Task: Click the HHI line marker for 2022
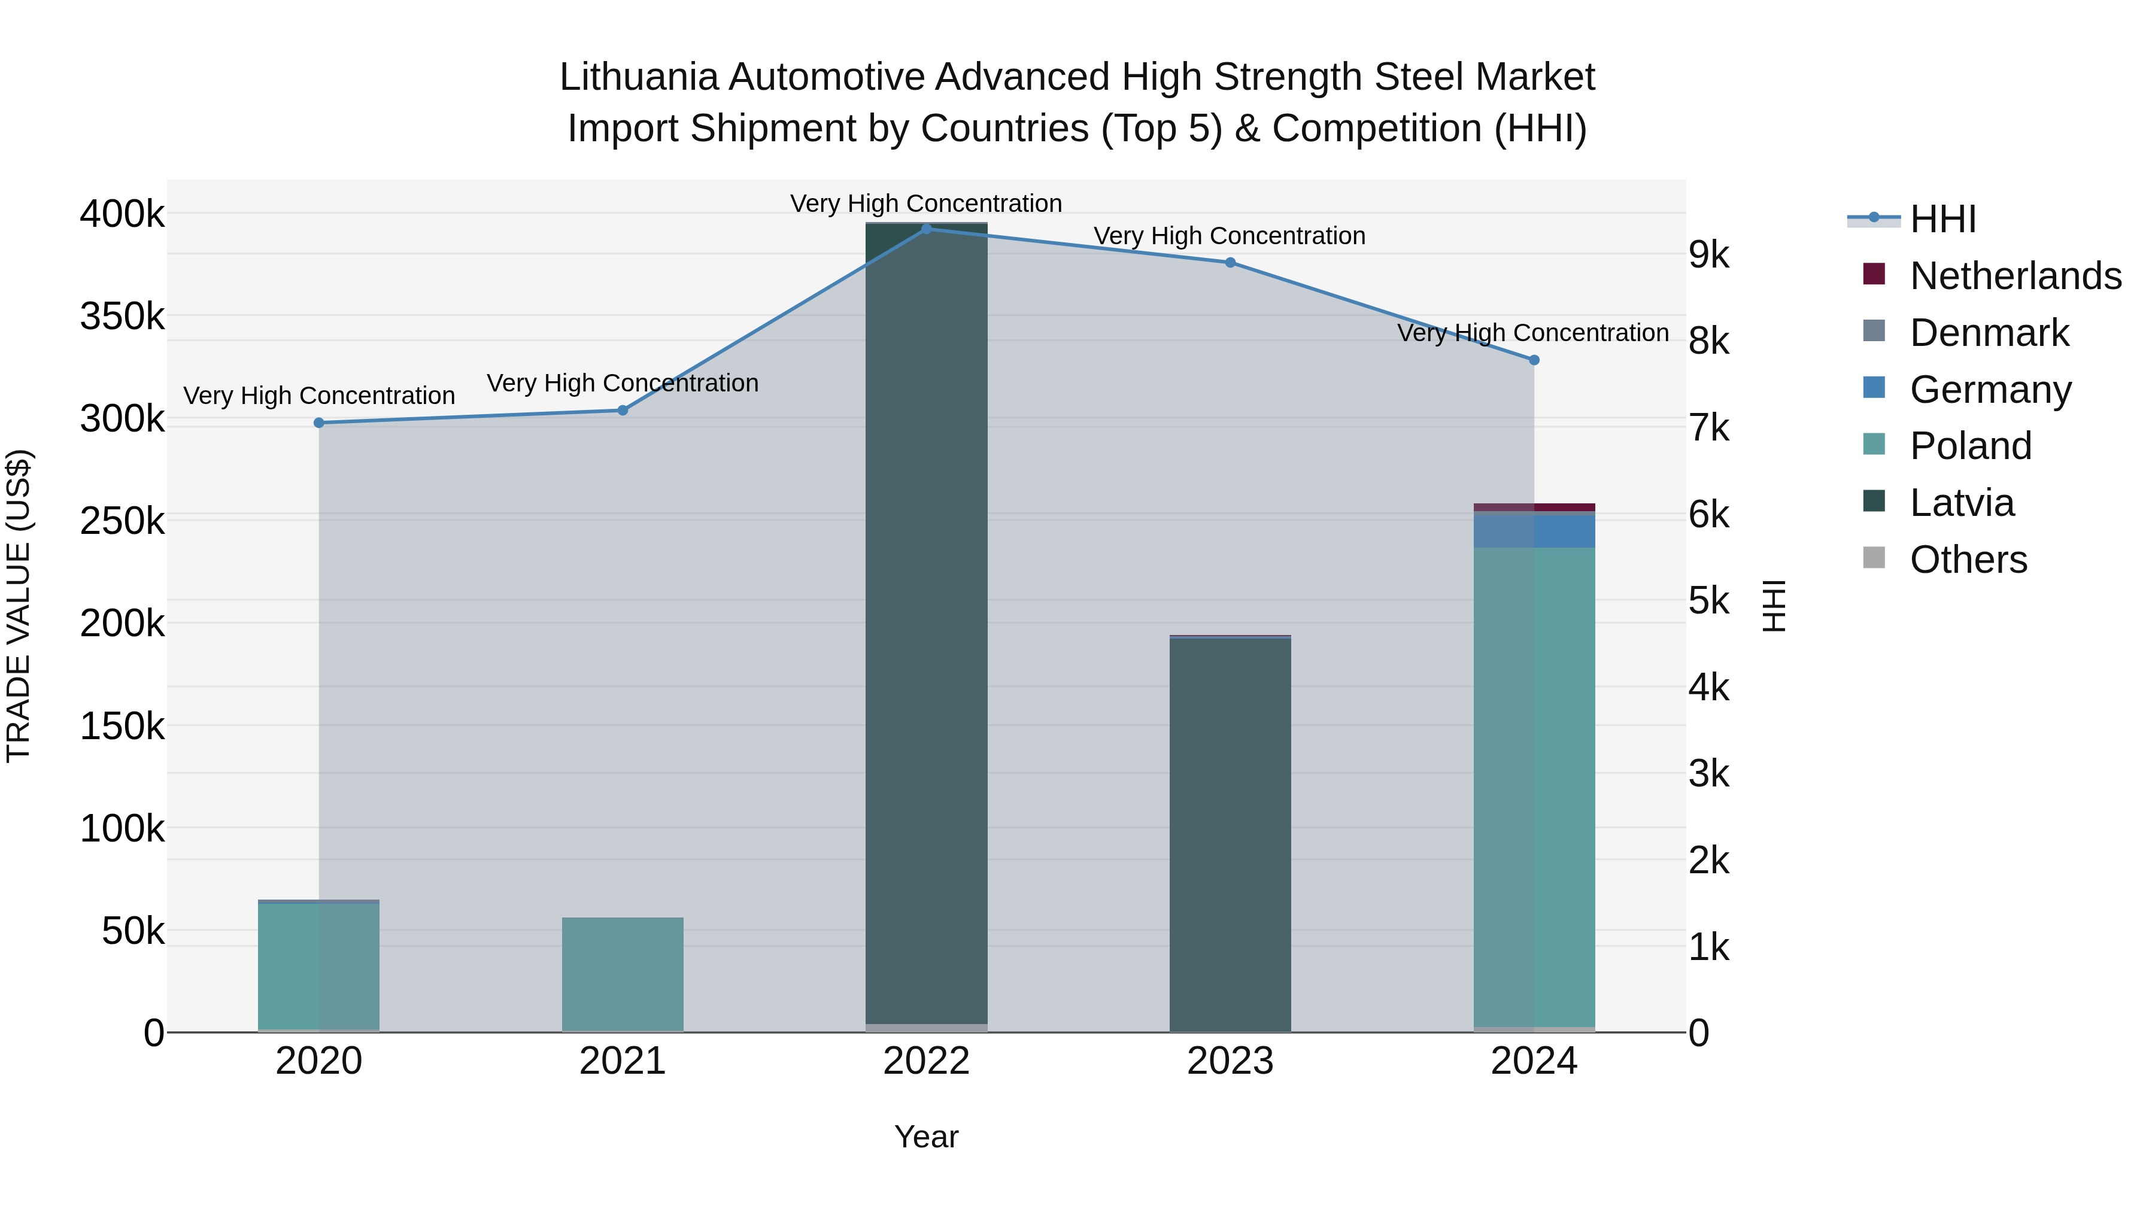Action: coord(926,229)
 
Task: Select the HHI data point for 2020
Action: coord(318,423)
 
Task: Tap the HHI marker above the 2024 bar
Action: coord(1534,360)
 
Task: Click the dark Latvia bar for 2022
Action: coord(926,627)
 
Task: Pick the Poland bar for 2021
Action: coord(623,974)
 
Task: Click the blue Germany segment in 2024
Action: coord(1534,530)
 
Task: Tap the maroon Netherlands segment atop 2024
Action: coord(1534,507)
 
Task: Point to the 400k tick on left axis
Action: coord(122,214)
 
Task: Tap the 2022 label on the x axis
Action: coord(926,1061)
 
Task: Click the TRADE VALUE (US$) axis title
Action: coord(19,606)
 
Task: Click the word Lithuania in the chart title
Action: coord(638,77)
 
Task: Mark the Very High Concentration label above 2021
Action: coord(623,383)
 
